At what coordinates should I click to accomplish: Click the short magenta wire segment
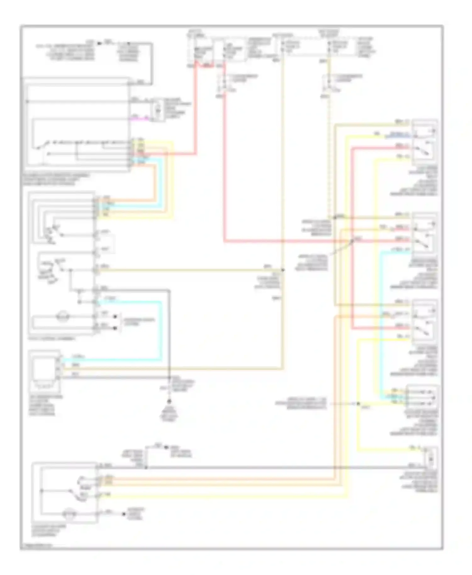point(138,119)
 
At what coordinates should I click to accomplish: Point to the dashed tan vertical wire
point(329,157)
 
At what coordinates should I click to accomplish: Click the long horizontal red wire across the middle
point(283,242)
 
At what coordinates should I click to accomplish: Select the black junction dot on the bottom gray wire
point(146,467)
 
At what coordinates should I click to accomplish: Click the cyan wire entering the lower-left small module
point(110,359)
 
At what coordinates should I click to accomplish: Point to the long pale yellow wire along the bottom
point(220,497)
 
